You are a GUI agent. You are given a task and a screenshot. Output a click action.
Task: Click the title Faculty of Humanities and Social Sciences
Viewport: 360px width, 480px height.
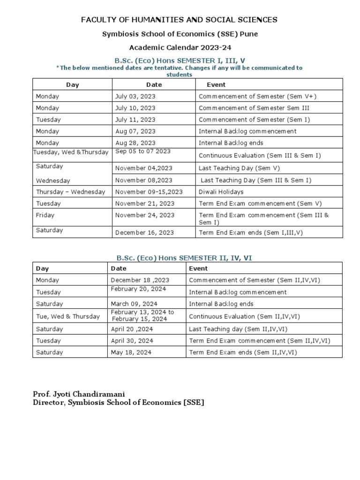(x=180, y=20)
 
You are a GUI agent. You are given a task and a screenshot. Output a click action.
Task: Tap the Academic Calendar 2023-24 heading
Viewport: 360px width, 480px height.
(x=180, y=47)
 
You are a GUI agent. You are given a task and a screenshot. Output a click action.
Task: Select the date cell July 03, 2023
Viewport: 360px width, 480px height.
(x=135, y=96)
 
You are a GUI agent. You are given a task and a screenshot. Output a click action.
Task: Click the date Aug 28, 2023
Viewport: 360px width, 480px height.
(x=135, y=143)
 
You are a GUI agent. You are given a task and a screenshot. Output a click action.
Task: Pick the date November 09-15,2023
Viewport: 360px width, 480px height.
(x=149, y=192)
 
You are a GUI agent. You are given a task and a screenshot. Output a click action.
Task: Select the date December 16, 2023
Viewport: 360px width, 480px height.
(x=144, y=232)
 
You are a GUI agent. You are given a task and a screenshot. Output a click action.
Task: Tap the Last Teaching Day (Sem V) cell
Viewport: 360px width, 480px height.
(x=233, y=168)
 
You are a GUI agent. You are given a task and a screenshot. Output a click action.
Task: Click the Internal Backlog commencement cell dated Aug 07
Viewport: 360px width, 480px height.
(x=247, y=131)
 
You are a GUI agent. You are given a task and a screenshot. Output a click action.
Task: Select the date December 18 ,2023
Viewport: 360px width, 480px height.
(x=140, y=280)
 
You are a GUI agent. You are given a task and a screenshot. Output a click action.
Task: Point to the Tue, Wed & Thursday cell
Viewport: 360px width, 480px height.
(x=68, y=316)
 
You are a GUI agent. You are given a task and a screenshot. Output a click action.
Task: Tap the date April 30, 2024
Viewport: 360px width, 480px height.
(x=132, y=341)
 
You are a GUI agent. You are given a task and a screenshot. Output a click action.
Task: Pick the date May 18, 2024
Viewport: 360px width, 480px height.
(x=132, y=352)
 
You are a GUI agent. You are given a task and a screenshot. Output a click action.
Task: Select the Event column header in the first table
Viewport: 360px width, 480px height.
(x=216, y=85)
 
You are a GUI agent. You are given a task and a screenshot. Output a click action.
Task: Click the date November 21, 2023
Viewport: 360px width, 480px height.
(x=145, y=203)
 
